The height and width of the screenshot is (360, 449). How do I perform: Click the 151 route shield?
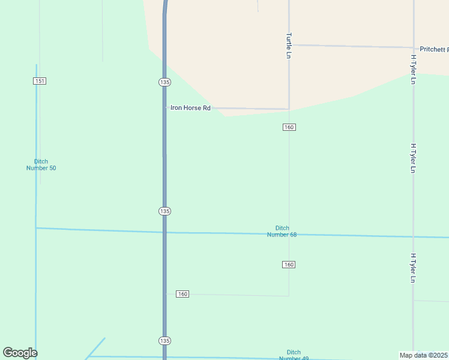(40, 81)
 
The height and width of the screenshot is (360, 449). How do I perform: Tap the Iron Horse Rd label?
(190, 108)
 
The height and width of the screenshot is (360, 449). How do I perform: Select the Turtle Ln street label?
(289, 45)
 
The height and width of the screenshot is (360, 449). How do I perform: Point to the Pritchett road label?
(434, 49)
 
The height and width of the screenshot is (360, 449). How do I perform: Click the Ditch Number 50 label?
(41, 165)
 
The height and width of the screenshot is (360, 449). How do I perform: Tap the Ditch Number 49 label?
(294, 355)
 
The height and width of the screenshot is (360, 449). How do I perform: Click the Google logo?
(20, 353)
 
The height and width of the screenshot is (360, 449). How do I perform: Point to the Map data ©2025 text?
(424, 355)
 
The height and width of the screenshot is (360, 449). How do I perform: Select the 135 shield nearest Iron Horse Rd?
(165, 82)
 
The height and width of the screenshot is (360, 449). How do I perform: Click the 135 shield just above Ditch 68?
(165, 211)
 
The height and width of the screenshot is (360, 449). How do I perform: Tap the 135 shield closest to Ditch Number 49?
(165, 341)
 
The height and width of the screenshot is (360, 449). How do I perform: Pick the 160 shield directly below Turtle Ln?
(289, 127)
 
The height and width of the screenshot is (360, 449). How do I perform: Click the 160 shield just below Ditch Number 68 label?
(289, 265)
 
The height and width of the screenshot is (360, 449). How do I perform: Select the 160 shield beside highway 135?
(182, 294)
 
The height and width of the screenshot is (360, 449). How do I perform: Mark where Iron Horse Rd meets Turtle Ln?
(289, 109)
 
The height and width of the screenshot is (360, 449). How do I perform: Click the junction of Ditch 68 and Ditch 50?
(36, 228)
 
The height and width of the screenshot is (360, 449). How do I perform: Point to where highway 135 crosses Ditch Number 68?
(164, 232)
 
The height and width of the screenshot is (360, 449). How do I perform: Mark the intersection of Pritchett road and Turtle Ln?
(289, 45)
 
